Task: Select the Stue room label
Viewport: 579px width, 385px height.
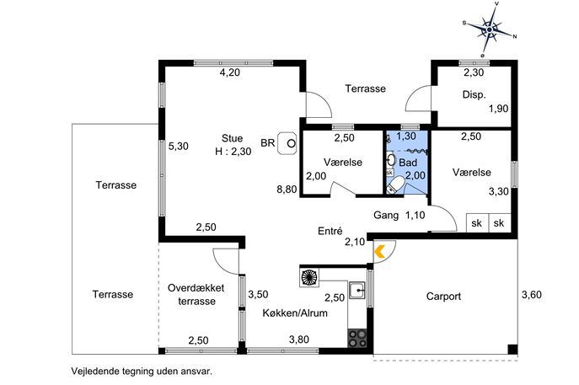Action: coord(232,138)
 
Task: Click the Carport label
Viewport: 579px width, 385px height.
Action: coord(443,296)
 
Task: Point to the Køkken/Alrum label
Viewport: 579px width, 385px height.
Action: coord(295,313)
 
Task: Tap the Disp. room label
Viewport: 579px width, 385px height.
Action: coord(474,95)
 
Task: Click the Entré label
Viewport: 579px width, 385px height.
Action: coord(330,231)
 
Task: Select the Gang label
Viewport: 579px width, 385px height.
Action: coord(385,215)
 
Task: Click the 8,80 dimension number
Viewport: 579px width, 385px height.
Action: coord(287,190)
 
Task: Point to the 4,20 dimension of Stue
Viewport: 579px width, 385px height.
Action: coord(230,73)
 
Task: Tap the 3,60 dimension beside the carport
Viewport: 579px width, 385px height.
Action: coord(532,295)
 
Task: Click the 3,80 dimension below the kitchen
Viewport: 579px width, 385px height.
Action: coord(299,340)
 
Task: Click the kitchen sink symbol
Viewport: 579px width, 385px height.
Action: coord(357,291)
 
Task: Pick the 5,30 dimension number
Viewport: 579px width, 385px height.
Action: coord(178,146)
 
